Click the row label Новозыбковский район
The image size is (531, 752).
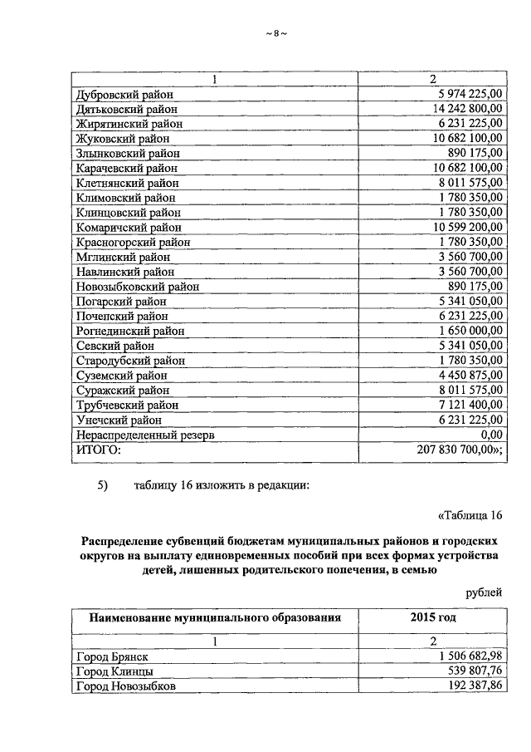[137, 287]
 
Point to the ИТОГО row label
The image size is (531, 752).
[98, 450]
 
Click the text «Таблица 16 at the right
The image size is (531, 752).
[470, 514]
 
